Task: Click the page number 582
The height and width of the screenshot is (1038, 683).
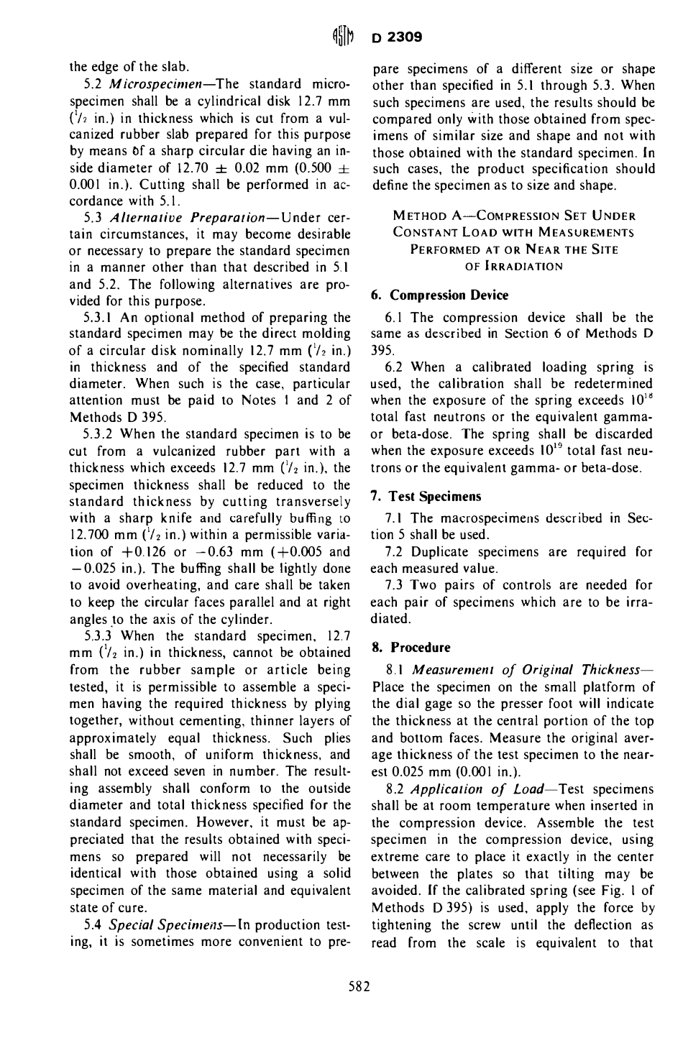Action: point(357,986)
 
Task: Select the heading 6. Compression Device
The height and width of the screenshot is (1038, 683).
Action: point(439,295)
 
